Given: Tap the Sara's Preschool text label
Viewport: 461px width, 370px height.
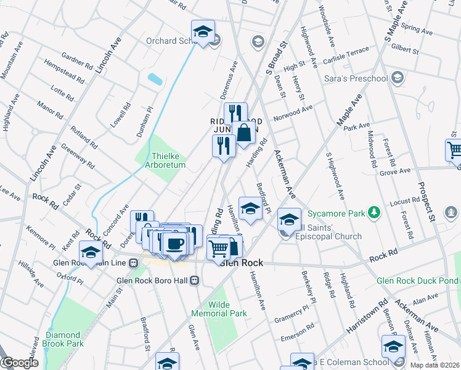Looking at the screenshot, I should (x=356, y=79).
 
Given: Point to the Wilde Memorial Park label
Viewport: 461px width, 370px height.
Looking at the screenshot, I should (x=227, y=309).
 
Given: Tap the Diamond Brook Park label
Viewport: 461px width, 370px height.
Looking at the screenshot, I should (x=63, y=339).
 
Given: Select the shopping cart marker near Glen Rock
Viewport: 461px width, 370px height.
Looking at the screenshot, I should (x=219, y=248).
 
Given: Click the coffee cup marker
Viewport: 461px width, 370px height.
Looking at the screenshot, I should (x=175, y=243).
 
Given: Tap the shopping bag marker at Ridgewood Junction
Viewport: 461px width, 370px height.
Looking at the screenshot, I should (x=244, y=131).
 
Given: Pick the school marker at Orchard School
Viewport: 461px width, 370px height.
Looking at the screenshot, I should (x=202, y=31).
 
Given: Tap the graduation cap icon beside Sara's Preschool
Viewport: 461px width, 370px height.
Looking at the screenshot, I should (x=398, y=78).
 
